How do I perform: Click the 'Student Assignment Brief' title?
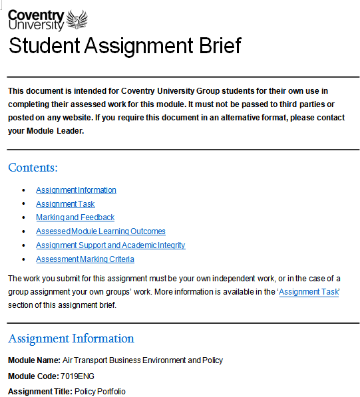124,46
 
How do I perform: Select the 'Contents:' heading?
33,167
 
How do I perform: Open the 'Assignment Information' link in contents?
76,190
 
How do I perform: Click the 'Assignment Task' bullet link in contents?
65,204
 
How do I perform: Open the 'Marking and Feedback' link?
75,217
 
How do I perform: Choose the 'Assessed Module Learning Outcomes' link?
100,231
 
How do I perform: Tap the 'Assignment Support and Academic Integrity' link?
110,245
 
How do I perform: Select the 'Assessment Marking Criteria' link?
85,259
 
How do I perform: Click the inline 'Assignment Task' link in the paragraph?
309,292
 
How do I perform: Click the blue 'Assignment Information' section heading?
71,338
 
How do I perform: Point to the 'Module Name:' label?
34,360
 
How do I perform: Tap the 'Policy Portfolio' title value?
100,392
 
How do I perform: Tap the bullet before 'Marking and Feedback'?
23,218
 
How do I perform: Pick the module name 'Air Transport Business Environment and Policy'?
142,360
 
